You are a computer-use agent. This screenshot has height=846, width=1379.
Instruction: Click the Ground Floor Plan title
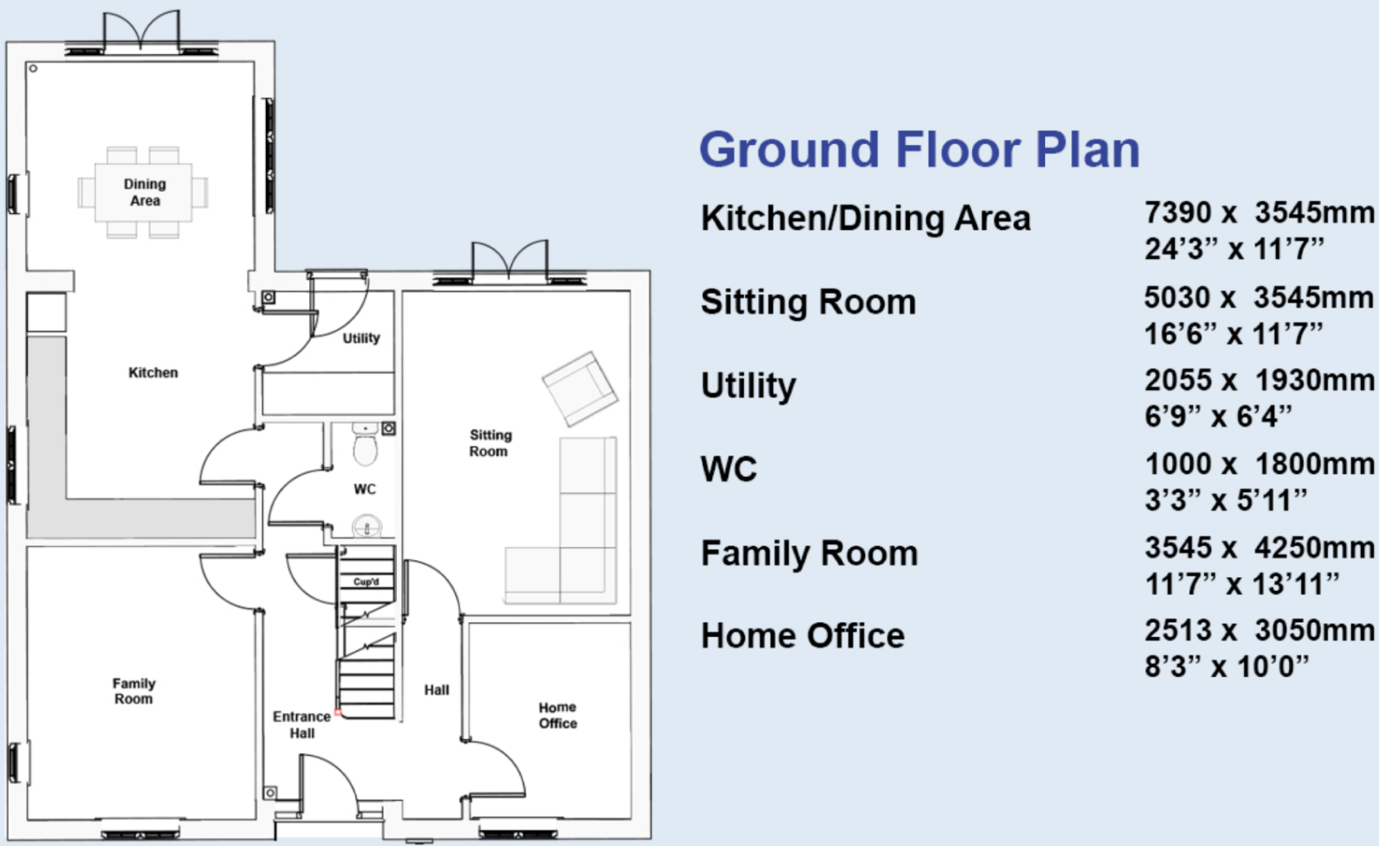tap(919, 149)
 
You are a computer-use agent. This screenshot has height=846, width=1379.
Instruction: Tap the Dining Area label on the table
tap(145, 192)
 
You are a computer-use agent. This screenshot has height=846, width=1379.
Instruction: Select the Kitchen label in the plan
tap(153, 373)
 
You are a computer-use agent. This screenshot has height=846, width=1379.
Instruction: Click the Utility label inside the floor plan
tap(361, 338)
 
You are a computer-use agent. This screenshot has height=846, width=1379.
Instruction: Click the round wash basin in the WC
tap(367, 527)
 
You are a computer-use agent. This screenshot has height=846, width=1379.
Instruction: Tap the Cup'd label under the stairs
tap(366, 582)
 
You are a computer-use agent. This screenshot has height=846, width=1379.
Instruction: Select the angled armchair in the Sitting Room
tap(580, 388)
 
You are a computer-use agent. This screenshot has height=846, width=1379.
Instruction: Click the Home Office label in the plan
tap(557, 715)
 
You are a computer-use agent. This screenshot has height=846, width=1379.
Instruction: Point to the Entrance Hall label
tap(302, 725)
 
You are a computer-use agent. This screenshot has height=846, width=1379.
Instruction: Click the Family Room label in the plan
tap(133, 691)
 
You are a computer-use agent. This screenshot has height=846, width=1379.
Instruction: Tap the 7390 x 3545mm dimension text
tap(1259, 212)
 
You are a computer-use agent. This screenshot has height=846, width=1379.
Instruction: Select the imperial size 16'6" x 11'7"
tap(1233, 334)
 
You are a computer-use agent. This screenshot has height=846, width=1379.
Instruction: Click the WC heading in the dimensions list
tap(728, 469)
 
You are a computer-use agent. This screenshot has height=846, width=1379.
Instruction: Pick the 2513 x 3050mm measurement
tap(1259, 630)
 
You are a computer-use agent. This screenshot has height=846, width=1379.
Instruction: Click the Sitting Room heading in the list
tap(808, 302)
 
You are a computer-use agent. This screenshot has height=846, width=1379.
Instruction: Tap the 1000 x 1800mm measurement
tap(1259, 464)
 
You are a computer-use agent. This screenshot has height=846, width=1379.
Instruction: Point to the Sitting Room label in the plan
tap(490, 443)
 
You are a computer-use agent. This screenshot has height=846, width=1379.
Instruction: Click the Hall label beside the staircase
tap(436, 690)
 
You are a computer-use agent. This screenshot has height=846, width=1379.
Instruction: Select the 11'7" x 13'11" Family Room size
tap(1242, 584)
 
